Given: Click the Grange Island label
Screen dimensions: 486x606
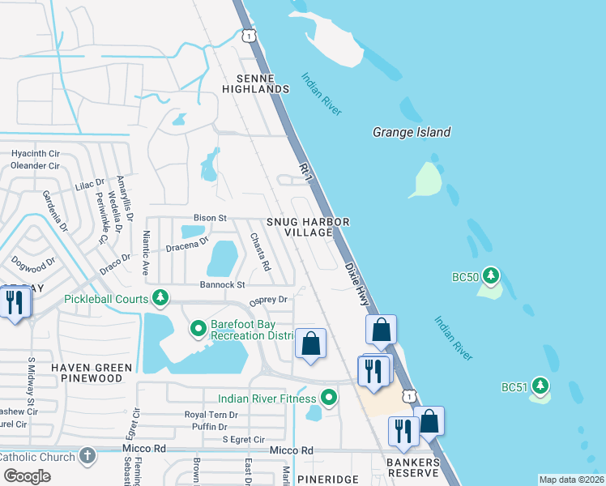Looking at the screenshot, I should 411,132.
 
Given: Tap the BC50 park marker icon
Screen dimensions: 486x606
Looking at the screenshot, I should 489,276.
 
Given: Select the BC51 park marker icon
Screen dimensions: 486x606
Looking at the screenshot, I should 540,386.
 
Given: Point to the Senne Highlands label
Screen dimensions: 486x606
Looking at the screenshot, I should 262,83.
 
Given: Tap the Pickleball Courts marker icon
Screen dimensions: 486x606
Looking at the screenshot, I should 161,299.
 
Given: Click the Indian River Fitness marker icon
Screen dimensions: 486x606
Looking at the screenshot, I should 328,398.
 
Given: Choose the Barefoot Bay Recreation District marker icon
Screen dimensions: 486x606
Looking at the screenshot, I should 197,329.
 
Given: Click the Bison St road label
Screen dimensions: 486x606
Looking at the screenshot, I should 209,218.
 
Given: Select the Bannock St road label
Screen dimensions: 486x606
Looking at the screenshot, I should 222,285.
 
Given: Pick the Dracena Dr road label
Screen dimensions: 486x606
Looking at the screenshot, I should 187,245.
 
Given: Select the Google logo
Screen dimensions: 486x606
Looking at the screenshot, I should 27,475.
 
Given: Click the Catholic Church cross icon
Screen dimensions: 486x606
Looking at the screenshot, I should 87,456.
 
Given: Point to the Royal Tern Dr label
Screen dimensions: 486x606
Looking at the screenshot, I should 211,414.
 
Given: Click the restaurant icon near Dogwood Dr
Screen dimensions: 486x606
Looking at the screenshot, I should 15,302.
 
